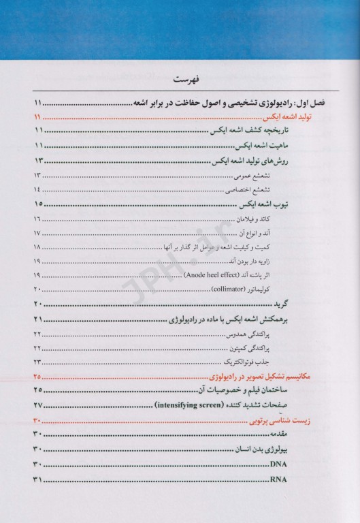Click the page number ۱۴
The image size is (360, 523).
pyautogui.click(x=36, y=189)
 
